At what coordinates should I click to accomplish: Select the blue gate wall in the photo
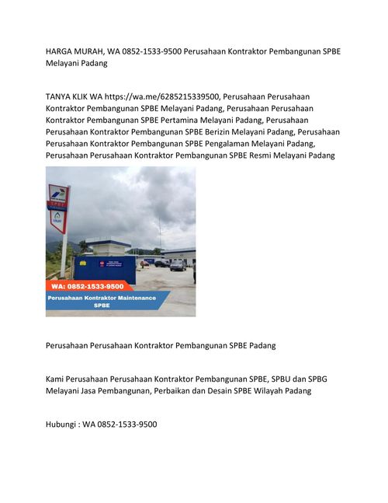(x=104, y=269)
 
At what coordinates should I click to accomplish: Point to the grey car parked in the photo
(x=177, y=265)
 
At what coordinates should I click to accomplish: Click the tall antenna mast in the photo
(x=159, y=233)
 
